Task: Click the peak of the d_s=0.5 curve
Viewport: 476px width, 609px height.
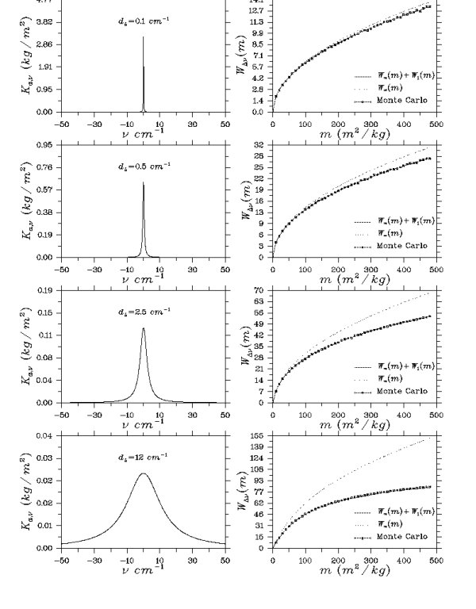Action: (x=144, y=182)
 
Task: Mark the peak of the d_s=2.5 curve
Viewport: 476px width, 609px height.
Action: (x=144, y=328)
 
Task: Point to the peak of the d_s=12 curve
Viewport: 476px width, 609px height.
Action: (x=144, y=473)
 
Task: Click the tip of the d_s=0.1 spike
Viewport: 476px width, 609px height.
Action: (x=144, y=37)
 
